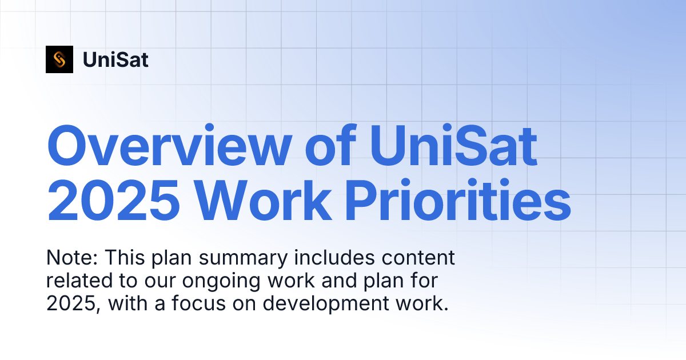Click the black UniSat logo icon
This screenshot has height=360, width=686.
59,59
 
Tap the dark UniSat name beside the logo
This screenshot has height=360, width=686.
115,59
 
